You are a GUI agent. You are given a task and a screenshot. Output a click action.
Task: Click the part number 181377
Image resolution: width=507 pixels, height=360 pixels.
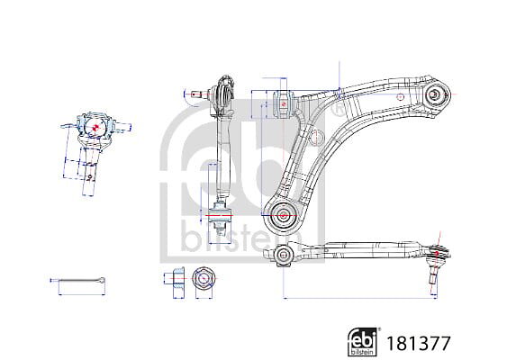(419, 344)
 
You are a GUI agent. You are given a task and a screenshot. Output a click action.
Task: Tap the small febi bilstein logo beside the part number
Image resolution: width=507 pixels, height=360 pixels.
(364, 342)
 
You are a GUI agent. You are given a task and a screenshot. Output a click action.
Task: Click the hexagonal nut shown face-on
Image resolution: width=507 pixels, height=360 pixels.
(204, 278)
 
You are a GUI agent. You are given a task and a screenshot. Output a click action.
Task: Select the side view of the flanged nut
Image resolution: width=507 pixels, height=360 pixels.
(177, 278)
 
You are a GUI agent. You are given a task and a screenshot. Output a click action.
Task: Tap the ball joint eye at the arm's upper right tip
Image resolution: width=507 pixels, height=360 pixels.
(434, 94)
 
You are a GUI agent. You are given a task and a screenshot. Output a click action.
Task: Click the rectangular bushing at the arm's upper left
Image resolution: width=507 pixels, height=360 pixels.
(284, 104)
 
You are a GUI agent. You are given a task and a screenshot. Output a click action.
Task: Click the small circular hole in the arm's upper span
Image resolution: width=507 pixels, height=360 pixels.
(401, 96)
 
